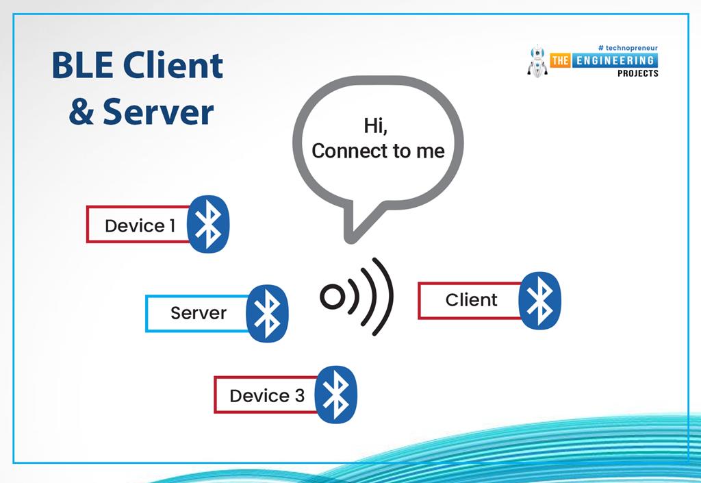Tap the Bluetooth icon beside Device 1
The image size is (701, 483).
[x=208, y=225]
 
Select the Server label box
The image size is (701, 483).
[x=196, y=314]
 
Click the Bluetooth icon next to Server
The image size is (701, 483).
[x=266, y=314]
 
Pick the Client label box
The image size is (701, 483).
[x=470, y=300]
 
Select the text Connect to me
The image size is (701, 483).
[x=378, y=151]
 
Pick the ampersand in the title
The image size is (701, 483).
[x=81, y=112]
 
